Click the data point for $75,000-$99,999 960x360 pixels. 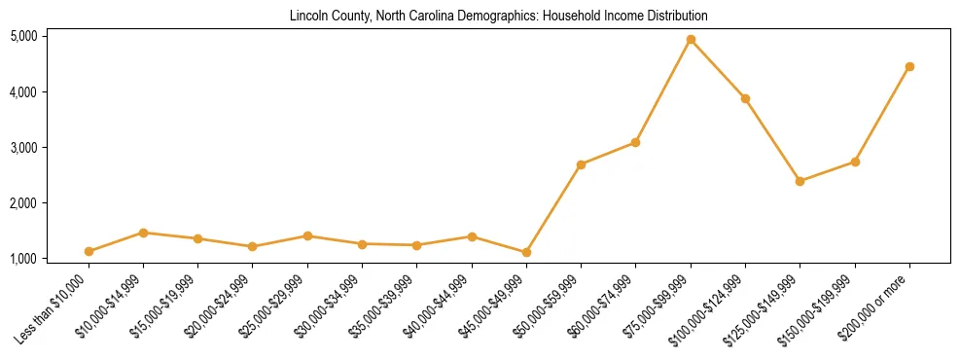(x=691, y=40)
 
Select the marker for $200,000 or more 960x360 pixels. (x=909, y=66)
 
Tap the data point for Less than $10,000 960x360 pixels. (x=89, y=251)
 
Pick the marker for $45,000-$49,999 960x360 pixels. (x=526, y=252)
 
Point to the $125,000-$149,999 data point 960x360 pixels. (x=800, y=181)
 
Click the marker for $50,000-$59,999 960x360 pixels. (x=581, y=164)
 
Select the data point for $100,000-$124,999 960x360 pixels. (x=745, y=98)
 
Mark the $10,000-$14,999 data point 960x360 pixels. (x=143, y=233)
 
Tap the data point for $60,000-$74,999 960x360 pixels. (x=635, y=142)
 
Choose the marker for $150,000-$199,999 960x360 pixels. (x=855, y=162)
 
